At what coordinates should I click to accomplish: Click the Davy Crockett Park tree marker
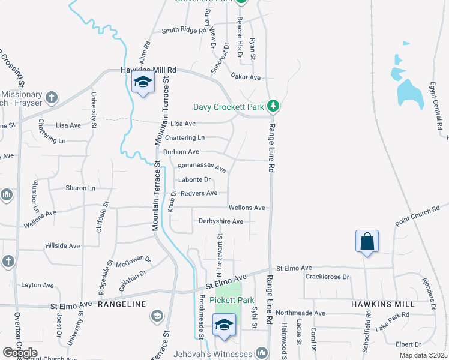point(273,106)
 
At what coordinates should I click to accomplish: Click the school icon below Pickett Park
point(224,325)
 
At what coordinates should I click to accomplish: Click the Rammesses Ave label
point(202,169)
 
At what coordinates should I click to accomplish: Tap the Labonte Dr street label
point(194,179)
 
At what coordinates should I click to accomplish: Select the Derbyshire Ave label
point(221,221)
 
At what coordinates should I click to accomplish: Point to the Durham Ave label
point(185,152)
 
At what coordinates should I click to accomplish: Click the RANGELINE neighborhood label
point(122,304)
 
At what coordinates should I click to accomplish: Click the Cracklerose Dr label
point(327,277)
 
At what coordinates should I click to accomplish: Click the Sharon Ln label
point(80,188)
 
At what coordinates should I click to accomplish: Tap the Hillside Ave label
point(62,246)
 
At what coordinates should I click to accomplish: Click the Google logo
point(20,353)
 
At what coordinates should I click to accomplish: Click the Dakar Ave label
point(246,77)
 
